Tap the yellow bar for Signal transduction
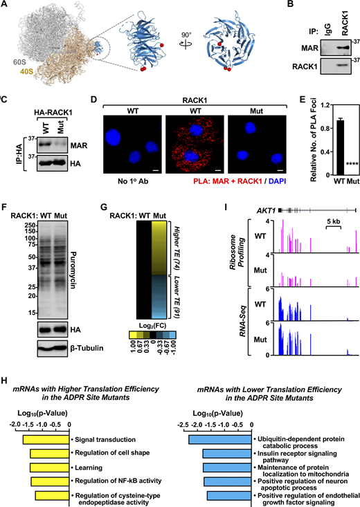46,439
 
